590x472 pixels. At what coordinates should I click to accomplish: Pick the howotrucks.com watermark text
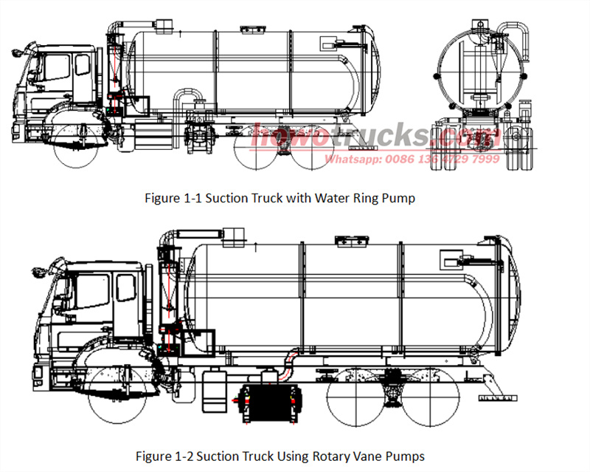[x=376, y=137]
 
